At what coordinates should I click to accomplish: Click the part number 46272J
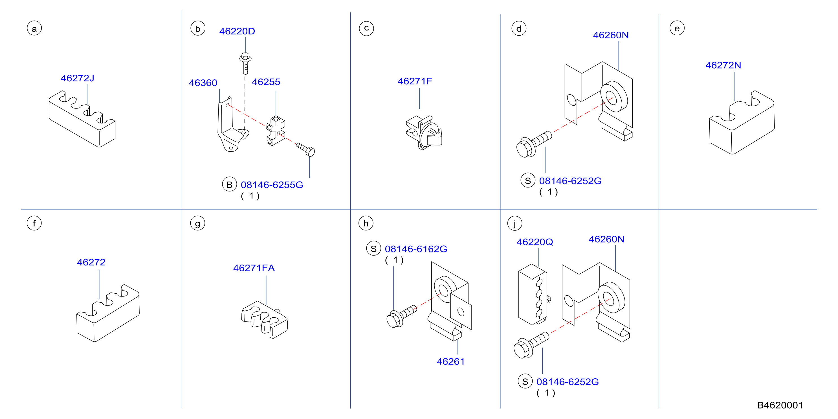point(77,78)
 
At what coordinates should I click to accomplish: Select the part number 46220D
point(237,31)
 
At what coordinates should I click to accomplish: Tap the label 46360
point(203,83)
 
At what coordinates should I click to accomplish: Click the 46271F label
point(415,81)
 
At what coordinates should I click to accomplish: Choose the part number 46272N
point(723,65)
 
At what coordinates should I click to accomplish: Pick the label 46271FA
point(254,268)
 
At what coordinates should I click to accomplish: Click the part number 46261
point(450,361)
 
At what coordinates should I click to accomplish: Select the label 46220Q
point(535,242)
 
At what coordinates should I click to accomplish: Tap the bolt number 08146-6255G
point(272,185)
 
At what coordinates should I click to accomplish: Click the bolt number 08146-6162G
point(416,249)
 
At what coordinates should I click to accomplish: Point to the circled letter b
point(198,29)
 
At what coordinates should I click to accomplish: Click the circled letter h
point(366,223)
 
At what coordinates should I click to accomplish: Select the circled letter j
point(515,223)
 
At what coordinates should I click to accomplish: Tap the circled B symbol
point(229,185)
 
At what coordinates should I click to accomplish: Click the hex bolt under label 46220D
point(245,63)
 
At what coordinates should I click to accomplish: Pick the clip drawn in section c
point(424,132)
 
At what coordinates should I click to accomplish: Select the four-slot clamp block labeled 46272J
point(82,119)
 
